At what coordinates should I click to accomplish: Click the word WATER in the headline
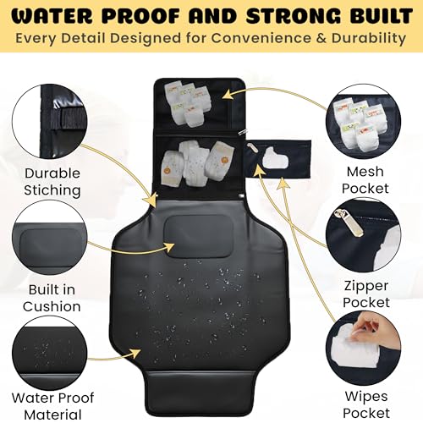pyautogui.click(x=52, y=16)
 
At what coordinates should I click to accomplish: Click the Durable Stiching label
pyautogui.click(x=52, y=182)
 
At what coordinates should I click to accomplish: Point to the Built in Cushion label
pyautogui.click(x=52, y=298)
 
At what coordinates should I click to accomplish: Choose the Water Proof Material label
pyautogui.click(x=52, y=406)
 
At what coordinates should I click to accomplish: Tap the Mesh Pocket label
pyautogui.click(x=365, y=180)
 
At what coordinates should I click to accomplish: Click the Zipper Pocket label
pyautogui.click(x=366, y=294)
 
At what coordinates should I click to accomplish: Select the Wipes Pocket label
pyautogui.click(x=366, y=404)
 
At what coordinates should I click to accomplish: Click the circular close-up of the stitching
pyautogui.click(x=50, y=121)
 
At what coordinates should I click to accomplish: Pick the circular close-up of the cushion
pyautogui.click(x=50, y=238)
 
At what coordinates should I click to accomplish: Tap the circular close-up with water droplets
pyautogui.click(x=50, y=353)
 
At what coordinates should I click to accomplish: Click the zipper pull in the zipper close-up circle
pyautogui.click(x=349, y=222)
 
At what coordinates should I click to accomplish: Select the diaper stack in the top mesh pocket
pyautogui.click(x=187, y=102)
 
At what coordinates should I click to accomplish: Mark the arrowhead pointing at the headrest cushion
pyautogui.click(x=169, y=248)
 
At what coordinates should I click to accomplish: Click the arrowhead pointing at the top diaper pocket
pyautogui.click(x=228, y=95)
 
